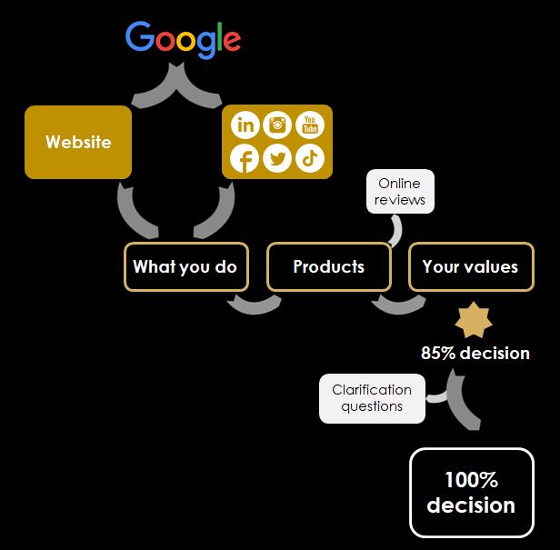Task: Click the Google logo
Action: (183, 38)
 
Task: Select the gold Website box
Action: (78, 142)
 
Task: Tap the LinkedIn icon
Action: (245, 125)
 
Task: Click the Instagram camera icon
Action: (277, 125)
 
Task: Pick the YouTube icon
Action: (310, 125)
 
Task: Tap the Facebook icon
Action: (244, 158)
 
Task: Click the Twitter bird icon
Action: (277, 158)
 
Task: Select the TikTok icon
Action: (310, 158)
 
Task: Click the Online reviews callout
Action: (400, 192)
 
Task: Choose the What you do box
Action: (185, 266)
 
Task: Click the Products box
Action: (328, 266)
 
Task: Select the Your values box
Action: (470, 266)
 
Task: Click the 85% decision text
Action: (475, 353)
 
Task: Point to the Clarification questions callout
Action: (372, 398)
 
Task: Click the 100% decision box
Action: (471, 492)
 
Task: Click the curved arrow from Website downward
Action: (134, 212)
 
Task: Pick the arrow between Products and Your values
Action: (397, 304)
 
